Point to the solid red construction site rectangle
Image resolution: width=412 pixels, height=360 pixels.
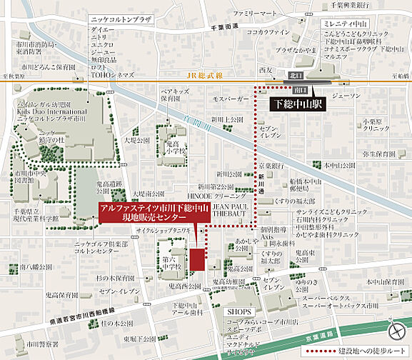[197, 258]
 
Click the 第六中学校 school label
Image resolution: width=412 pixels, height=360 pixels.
[173, 264]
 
